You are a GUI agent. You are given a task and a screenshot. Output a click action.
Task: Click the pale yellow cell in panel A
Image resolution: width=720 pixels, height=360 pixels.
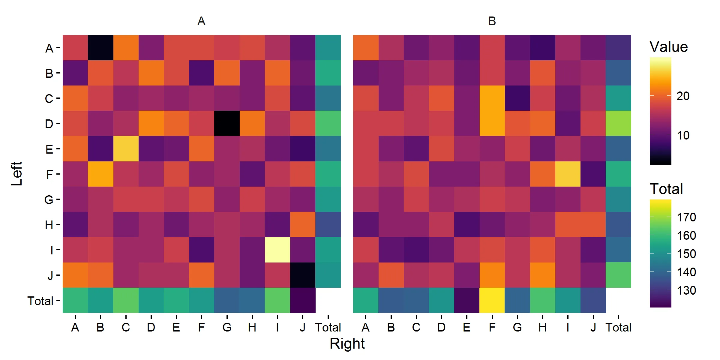277,250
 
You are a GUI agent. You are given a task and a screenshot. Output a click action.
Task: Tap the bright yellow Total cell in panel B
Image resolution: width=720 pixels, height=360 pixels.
492,300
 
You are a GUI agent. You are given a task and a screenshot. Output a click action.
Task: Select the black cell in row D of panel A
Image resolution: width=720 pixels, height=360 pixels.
227,123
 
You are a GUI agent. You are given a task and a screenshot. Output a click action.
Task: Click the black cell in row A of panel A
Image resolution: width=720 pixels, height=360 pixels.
100,48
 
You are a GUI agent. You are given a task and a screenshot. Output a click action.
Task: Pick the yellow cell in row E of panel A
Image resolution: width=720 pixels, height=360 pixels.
126,148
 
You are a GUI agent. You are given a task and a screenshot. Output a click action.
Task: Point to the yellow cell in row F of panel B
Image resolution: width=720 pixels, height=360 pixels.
568,174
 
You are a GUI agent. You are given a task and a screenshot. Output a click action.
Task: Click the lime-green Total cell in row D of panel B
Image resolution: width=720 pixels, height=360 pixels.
618,123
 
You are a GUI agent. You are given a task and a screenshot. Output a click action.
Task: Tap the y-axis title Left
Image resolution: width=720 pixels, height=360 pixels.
17,174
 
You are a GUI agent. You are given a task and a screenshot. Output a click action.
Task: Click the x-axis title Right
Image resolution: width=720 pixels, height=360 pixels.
347,343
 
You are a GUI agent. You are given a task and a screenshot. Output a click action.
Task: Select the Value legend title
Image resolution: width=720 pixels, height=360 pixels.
669,47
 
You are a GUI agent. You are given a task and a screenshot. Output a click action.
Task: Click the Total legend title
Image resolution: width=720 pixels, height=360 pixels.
666,189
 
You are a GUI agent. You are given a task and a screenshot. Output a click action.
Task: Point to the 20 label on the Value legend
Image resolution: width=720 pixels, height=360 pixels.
683,96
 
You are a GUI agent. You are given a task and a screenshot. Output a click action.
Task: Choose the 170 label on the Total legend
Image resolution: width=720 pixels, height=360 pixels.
686,217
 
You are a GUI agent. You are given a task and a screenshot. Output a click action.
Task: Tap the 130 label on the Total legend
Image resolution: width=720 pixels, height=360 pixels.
686,290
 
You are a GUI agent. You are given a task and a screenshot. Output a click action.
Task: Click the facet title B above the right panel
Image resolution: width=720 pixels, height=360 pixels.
492,21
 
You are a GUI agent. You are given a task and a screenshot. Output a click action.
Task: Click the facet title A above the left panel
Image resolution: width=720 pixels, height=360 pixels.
201,21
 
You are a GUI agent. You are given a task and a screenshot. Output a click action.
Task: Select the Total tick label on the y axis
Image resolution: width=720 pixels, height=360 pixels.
40,301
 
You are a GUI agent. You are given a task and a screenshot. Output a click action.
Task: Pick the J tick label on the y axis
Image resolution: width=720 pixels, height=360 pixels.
50,275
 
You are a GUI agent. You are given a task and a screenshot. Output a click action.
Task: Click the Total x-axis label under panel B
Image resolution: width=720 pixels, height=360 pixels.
618,327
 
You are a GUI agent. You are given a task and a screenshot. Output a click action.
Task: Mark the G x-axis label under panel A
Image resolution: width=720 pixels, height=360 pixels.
227,327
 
